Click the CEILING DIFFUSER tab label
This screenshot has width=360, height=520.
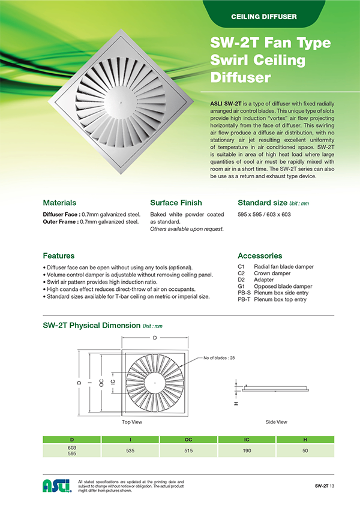coord(263,16)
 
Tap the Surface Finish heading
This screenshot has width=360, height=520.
coord(176,203)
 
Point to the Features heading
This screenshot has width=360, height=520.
coord(59,255)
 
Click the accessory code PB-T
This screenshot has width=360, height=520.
coord(244,299)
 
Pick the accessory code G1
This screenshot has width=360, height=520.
coord(241,286)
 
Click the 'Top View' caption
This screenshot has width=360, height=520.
coord(131,422)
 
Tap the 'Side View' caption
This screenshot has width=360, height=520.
coord(276,422)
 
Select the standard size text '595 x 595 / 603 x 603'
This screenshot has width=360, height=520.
coord(264,214)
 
